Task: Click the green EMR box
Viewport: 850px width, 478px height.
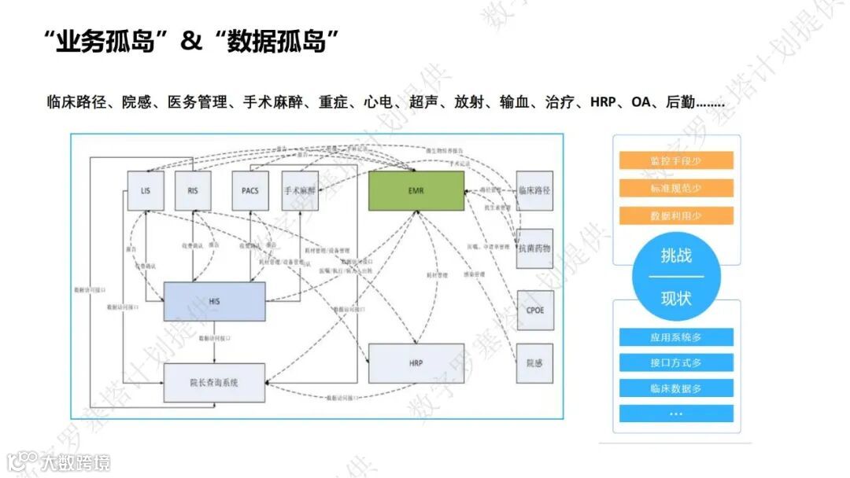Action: pos(416,190)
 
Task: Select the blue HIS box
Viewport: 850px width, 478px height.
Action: pos(214,301)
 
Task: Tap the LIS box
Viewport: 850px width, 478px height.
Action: pos(146,190)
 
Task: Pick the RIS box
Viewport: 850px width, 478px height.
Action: pos(193,190)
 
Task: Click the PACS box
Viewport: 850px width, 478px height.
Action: pos(251,190)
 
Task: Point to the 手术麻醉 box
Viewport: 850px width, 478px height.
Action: pos(299,190)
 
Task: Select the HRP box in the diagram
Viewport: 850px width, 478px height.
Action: pos(416,363)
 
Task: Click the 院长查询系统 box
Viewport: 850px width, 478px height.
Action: pos(214,383)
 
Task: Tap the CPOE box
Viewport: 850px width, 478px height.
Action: pos(534,310)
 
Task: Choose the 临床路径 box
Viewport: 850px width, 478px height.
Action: pos(534,191)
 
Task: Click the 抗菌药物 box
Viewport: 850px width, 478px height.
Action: pos(534,248)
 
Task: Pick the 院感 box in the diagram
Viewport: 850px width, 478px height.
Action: pos(534,363)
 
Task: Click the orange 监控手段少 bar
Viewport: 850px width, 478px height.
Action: pos(676,160)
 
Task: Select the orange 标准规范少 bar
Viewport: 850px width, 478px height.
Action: pos(676,188)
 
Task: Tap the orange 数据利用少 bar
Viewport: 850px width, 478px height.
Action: pos(676,215)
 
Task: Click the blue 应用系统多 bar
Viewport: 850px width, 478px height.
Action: pos(676,337)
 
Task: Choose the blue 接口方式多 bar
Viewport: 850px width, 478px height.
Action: pos(676,362)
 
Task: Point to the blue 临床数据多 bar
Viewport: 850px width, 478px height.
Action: pos(676,388)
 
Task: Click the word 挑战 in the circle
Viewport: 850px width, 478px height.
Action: pos(676,256)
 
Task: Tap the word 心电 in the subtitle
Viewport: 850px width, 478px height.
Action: pos(380,102)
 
